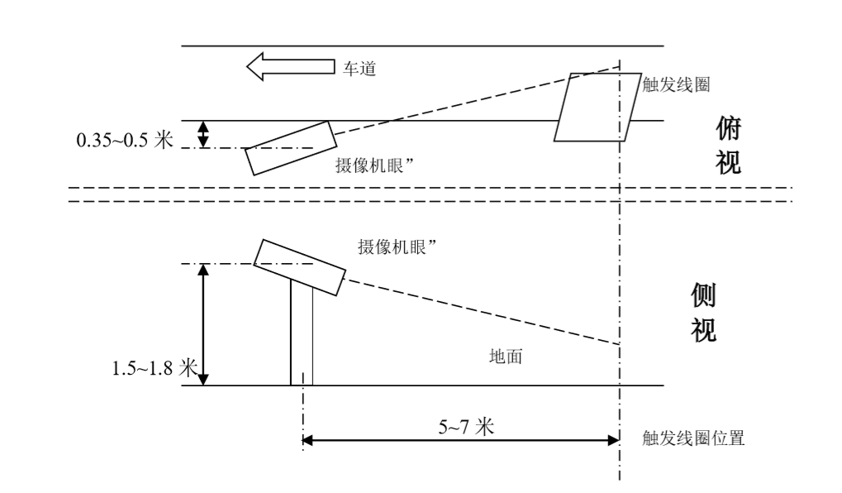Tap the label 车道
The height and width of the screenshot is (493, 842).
[x=357, y=69]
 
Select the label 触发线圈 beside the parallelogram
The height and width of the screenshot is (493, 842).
[x=676, y=84]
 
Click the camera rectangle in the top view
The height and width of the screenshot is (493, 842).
[x=288, y=148]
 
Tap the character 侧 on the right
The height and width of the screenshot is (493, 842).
[x=703, y=296]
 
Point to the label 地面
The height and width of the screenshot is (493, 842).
[x=507, y=357]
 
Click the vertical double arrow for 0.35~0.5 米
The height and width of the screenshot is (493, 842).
[x=205, y=134]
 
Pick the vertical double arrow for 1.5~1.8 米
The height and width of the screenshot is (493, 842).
[x=205, y=325]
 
